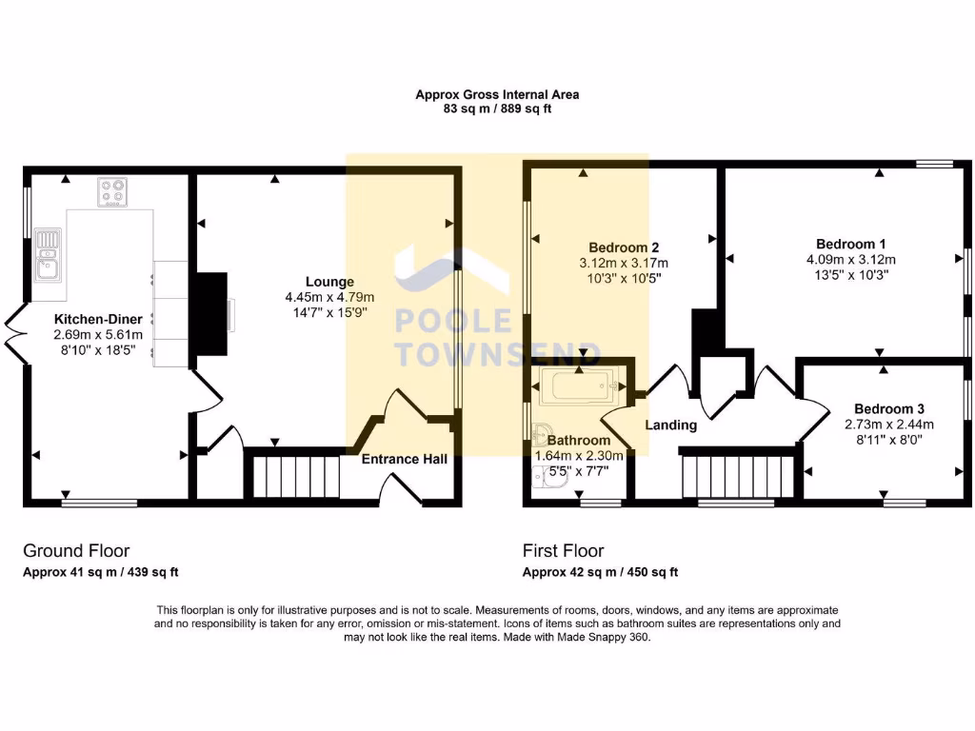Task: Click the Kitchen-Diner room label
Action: click(x=98, y=319)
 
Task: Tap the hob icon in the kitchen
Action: click(x=113, y=192)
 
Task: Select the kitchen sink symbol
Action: click(x=46, y=254)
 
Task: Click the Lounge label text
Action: click(x=329, y=282)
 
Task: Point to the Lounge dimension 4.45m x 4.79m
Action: click(x=329, y=296)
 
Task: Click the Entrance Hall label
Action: click(x=404, y=459)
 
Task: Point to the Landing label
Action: click(x=671, y=425)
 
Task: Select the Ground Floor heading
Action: click(x=76, y=550)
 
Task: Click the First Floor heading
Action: click(x=563, y=550)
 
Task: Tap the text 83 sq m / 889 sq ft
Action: click(x=496, y=109)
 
